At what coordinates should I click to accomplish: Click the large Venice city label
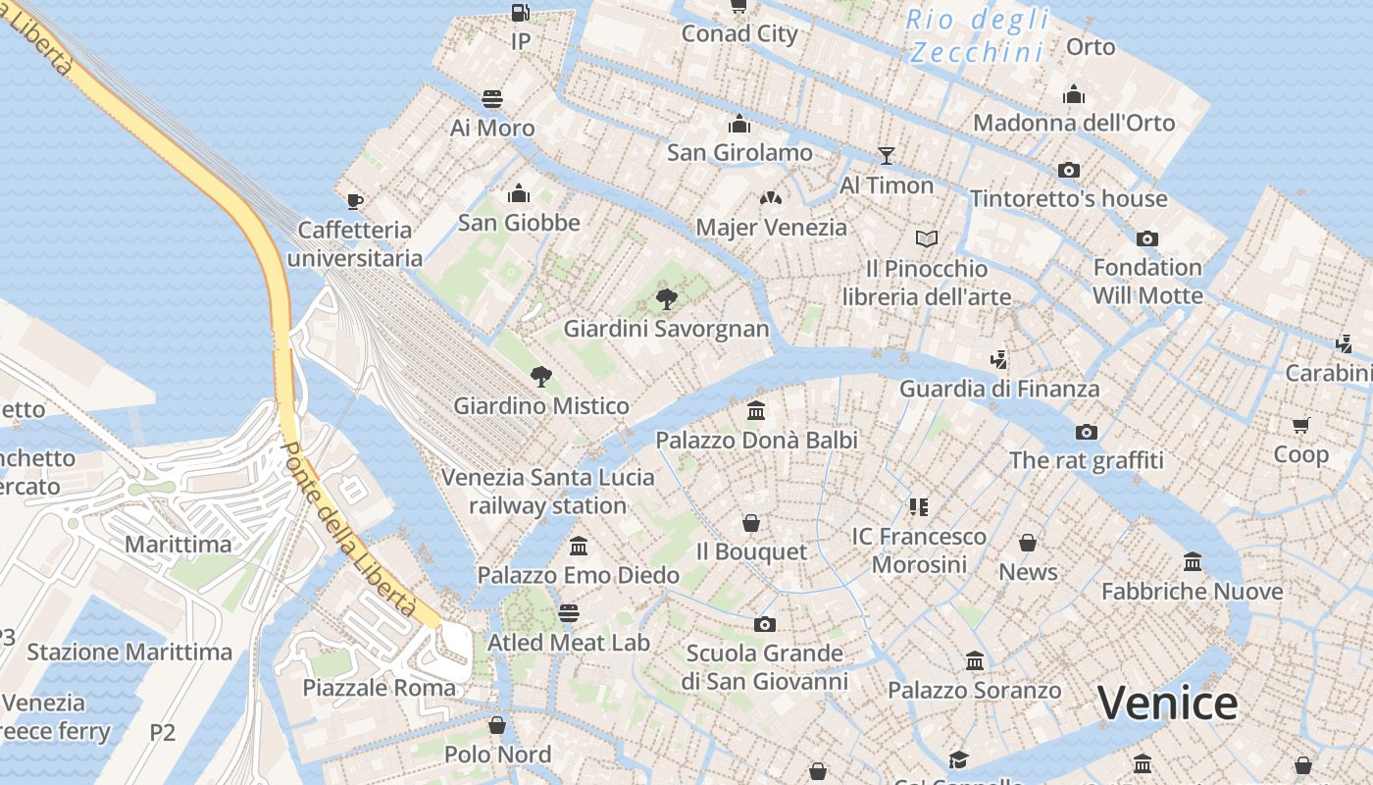click(x=1167, y=703)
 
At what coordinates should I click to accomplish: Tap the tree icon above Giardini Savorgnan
click(x=667, y=299)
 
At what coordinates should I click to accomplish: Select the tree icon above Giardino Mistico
click(x=540, y=376)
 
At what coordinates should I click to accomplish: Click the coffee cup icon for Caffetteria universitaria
click(x=355, y=201)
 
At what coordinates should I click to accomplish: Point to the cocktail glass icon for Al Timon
click(x=887, y=155)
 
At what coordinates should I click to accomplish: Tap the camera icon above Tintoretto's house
click(x=1069, y=170)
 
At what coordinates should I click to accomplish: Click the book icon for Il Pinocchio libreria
click(x=927, y=238)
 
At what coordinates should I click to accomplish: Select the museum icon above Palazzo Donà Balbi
click(x=756, y=410)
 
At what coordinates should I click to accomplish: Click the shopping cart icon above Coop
click(x=1301, y=425)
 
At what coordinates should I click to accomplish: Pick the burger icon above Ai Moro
click(x=492, y=98)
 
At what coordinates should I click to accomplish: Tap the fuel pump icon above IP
click(x=521, y=13)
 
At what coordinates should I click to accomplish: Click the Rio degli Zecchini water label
click(x=977, y=35)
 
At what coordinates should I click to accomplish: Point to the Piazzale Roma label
click(x=379, y=687)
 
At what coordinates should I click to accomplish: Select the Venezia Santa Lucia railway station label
click(x=547, y=492)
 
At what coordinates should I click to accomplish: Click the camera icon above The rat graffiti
click(x=1086, y=432)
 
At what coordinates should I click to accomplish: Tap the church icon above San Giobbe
click(x=519, y=193)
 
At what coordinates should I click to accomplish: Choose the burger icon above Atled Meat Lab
click(x=569, y=613)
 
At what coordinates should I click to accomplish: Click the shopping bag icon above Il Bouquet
click(x=751, y=522)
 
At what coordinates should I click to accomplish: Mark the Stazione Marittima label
click(x=129, y=652)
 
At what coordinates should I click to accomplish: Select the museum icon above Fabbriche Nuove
click(x=1193, y=562)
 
